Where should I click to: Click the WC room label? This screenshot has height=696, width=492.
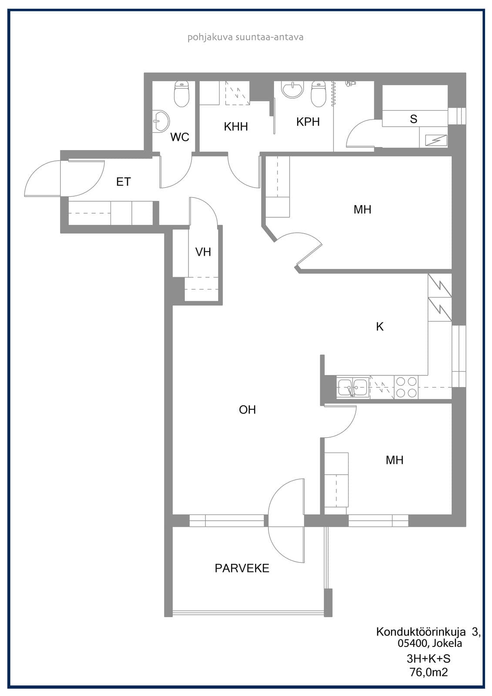coord(180,137)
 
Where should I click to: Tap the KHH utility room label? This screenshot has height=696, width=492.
coord(236,127)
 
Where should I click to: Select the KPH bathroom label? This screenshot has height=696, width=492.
coord(308,122)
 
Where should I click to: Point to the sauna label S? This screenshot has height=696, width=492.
coord(413,119)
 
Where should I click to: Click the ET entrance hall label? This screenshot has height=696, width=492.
coord(124,182)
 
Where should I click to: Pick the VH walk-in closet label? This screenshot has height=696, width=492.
coord(203,252)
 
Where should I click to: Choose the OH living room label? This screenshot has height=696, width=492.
coord(248,410)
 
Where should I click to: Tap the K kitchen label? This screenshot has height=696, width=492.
coord(380,327)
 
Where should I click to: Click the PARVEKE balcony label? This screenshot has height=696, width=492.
coord(242,568)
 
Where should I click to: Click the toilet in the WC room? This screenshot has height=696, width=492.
coord(181,94)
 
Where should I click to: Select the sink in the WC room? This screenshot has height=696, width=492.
coord(161,121)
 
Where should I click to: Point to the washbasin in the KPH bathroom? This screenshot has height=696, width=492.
coord(292,90)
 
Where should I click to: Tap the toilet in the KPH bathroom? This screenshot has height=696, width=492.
coord(318,94)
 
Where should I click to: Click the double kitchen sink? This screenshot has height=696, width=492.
coord(352,387)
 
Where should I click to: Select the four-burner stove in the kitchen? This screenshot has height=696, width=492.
coord(406,387)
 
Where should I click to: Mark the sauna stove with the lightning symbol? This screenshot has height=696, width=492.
coord(433,141)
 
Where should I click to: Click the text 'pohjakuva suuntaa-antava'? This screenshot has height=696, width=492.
coord(245,37)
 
